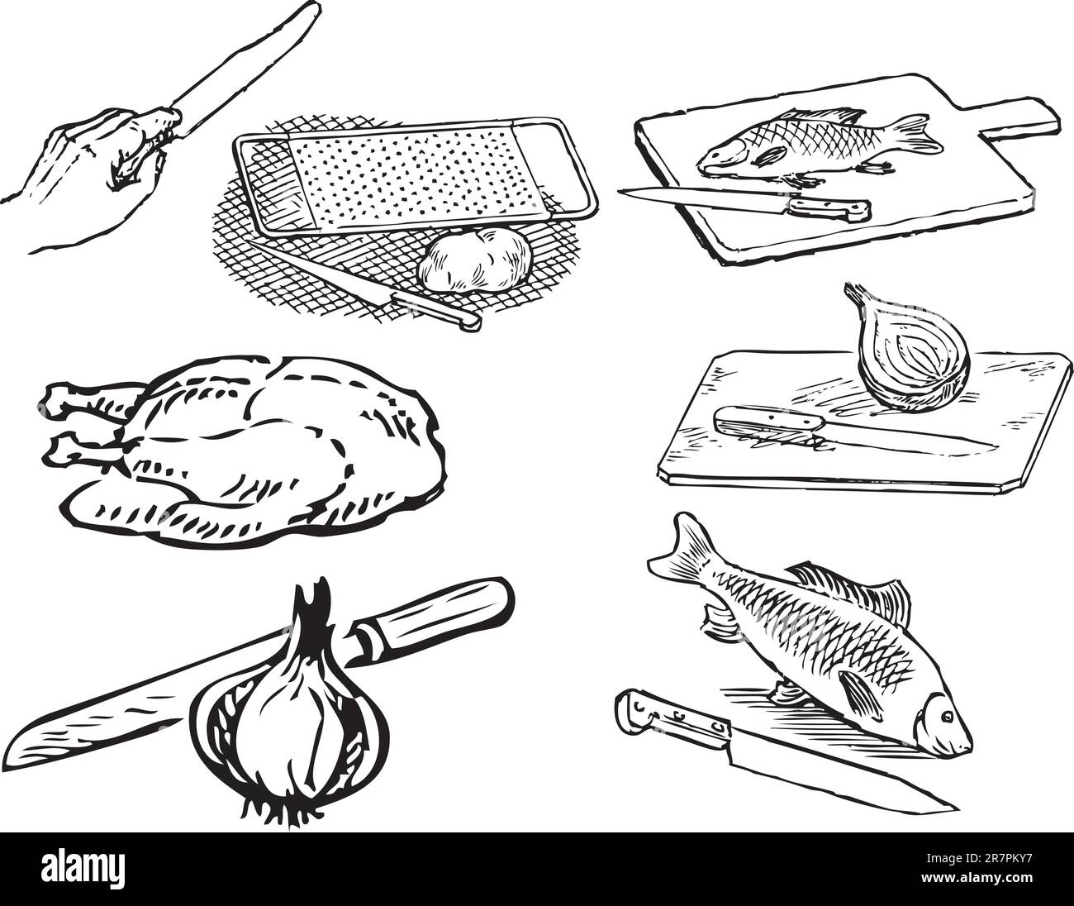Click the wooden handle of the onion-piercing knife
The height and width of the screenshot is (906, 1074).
(x=438, y=617)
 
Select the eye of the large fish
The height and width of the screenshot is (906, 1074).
(x=943, y=714)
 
